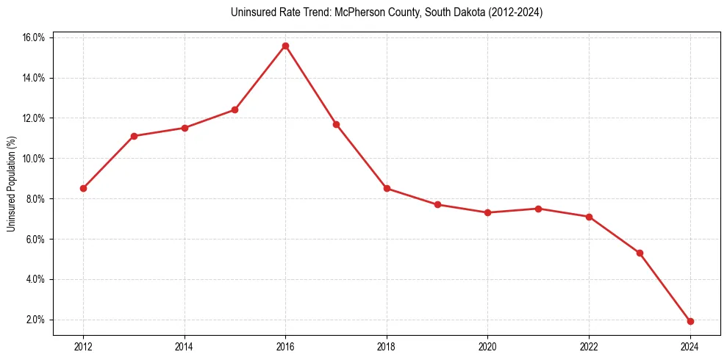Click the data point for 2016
click(285, 46)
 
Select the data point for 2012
click(83, 188)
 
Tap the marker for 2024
click(690, 321)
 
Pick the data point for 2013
click(134, 136)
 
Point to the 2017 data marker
click(336, 124)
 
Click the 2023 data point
click(640, 253)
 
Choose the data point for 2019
click(437, 204)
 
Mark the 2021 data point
click(538, 209)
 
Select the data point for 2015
click(234, 109)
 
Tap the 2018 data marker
click(387, 188)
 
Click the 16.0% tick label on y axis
click(34, 37)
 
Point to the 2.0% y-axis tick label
click(36, 320)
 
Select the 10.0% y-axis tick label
click(34, 159)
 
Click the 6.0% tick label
click(36, 240)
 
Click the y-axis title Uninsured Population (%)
click(11, 184)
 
